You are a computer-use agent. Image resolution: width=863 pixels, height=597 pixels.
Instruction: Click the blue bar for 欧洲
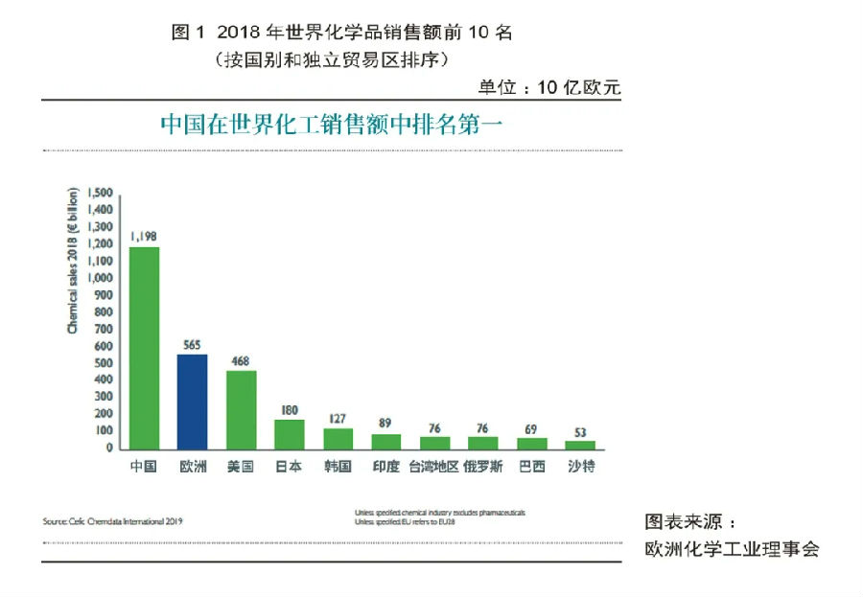(193, 402)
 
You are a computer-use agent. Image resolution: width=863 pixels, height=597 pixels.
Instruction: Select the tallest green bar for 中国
(145, 348)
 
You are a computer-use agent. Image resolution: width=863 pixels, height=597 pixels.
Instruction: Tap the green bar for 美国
(241, 410)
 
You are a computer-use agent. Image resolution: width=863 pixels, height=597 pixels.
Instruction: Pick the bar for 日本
(289, 434)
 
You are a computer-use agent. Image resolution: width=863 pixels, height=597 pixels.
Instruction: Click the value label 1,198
(144, 236)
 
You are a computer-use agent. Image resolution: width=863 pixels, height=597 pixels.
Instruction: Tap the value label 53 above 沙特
(579, 432)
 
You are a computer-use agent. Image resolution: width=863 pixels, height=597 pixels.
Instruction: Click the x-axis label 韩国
(337, 467)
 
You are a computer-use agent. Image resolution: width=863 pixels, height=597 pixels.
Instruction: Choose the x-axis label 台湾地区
(433, 467)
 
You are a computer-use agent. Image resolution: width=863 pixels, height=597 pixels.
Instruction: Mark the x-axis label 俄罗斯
(482, 467)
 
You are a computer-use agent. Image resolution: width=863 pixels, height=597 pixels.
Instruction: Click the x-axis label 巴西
(531, 467)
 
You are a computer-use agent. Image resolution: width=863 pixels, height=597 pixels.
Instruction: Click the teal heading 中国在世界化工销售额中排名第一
(331, 126)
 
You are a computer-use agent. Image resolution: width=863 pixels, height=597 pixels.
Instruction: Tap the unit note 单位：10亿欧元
(549, 87)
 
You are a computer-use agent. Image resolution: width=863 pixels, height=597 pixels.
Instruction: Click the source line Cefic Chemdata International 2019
(113, 521)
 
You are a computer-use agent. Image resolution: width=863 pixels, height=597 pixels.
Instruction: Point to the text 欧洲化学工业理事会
(733, 549)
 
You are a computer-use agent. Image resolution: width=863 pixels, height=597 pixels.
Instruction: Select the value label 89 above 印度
(385, 424)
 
